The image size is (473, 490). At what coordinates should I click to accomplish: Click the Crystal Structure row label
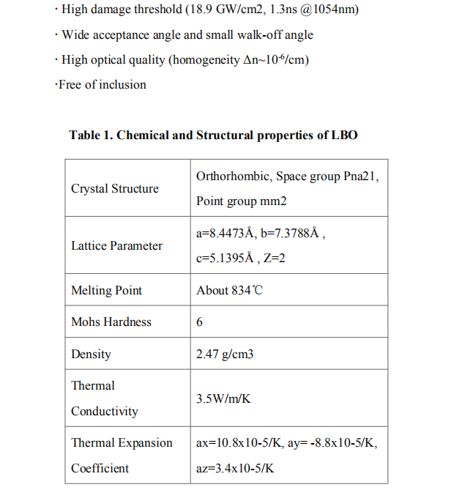point(114,189)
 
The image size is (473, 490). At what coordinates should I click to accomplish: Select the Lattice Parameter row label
point(116,246)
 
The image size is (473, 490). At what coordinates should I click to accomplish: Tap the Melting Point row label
point(106,291)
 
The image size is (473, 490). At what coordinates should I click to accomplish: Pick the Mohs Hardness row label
point(111,322)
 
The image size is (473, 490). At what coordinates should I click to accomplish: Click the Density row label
point(91,354)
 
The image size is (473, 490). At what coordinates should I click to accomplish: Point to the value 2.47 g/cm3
point(225,354)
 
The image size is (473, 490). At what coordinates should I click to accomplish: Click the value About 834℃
point(229,291)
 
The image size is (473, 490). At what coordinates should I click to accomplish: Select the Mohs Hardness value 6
point(200,322)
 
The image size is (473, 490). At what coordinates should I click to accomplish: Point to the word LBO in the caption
point(343,136)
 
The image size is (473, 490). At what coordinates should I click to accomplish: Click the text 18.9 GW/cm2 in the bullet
point(207,10)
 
